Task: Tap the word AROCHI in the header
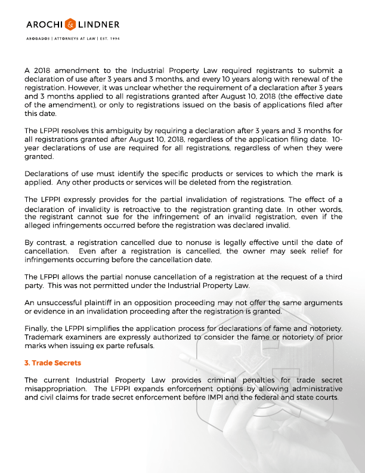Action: (x=47, y=24)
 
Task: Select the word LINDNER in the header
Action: (x=99, y=24)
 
